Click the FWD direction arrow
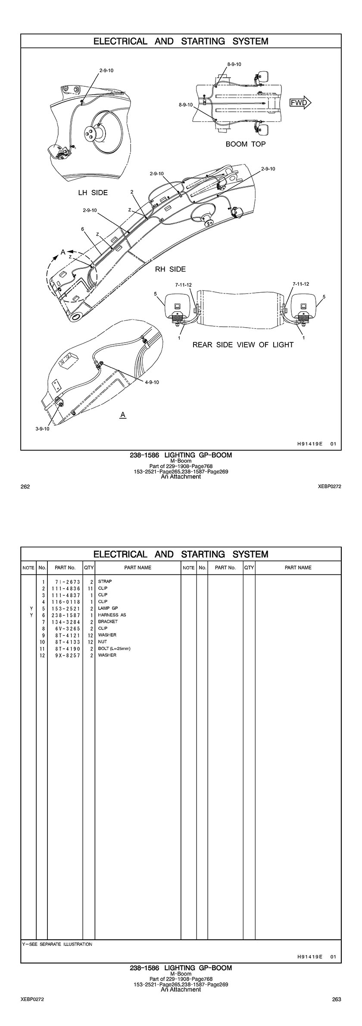[300, 103]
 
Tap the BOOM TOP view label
[246, 144]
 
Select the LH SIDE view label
[93, 193]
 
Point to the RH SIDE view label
[171, 269]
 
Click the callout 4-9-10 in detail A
[152, 382]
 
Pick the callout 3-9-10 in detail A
[42, 429]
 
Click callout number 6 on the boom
[82, 229]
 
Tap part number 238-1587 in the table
[65, 615]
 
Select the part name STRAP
[105, 581]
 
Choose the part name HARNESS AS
[112, 615]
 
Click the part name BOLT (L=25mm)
[114, 648]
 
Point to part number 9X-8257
[65, 655]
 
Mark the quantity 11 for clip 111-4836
[90, 588]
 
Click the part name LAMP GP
[108, 608]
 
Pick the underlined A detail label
[123, 415]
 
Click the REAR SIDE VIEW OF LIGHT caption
[243, 345]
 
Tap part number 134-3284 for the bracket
[65, 622]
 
